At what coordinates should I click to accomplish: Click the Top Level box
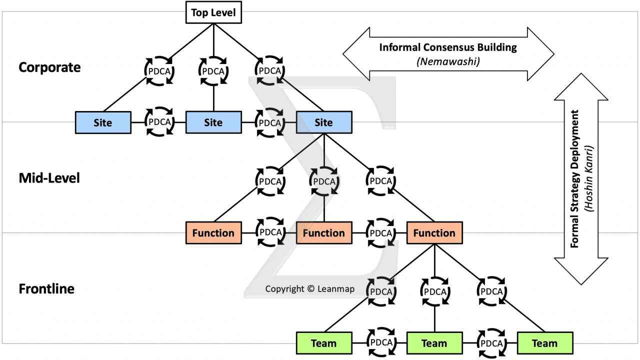(213, 12)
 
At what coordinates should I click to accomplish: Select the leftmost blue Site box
(103, 122)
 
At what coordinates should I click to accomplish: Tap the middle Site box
(213, 122)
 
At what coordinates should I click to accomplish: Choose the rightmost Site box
(324, 122)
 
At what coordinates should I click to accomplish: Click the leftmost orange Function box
(213, 233)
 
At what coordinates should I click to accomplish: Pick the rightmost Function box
(434, 233)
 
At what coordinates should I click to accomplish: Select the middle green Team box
(434, 343)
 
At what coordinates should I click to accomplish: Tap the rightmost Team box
(544, 343)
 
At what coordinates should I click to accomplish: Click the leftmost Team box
(324, 343)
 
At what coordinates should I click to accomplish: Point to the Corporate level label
(49, 67)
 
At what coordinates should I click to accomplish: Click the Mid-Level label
(49, 178)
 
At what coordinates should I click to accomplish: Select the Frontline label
(46, 288)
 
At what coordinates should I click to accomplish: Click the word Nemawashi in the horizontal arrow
(447, 61)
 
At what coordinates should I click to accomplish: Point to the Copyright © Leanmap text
(310, 288)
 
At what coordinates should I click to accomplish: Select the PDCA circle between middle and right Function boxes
(379, 233)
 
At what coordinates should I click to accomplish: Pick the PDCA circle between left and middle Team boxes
(379, 343)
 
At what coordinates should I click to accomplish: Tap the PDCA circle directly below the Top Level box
(213, 71)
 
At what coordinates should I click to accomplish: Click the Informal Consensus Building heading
(447, 47)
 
